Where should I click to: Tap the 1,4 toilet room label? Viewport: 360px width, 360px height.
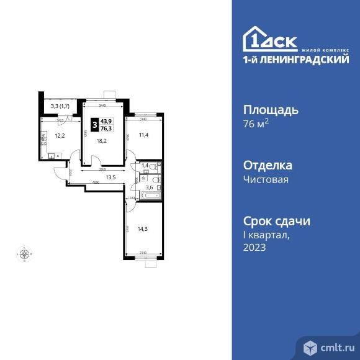tap(145, 166)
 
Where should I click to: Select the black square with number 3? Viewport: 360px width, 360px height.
tap(94, 125)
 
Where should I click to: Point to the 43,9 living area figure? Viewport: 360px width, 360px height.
tap(107, 122)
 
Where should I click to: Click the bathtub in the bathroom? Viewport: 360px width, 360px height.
tap(152, 196)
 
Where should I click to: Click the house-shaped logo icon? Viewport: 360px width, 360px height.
tap(255, 39)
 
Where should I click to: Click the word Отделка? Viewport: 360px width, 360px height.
tap(267, 166)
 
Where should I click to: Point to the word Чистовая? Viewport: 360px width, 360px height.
tap(265, 179)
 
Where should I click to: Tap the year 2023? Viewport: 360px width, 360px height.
tap(254, 247)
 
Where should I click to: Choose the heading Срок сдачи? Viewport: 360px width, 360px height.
tap(276, 221)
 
